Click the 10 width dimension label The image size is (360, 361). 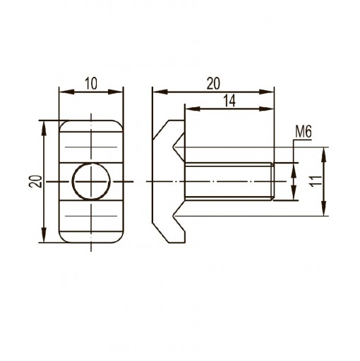point(91,83)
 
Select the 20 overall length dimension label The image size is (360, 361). point(213,83)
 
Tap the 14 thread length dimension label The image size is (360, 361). point(229,101)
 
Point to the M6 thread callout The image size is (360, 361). point(304,132)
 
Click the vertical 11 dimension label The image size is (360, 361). point(316,181)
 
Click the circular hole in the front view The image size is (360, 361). point(91,181)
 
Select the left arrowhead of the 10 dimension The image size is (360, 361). point(67,92)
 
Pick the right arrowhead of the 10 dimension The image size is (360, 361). point(115,92)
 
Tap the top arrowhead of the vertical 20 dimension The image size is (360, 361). point(44,128)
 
